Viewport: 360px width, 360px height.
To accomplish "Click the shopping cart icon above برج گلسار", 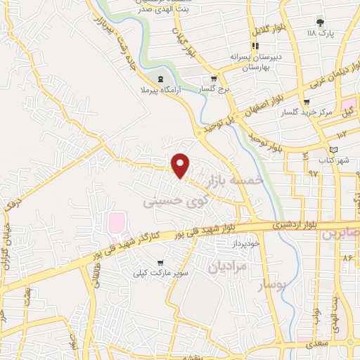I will pyautogui.click(x=214, y=79).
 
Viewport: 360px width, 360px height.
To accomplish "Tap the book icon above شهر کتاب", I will pyautogui.click(x=334, y=149).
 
